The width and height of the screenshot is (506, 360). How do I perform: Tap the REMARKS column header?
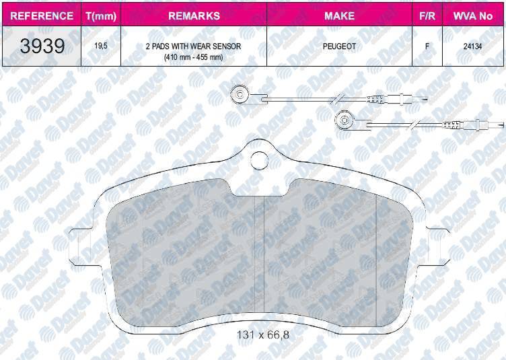(193, 15)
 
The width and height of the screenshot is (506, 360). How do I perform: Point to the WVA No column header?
(473, 15)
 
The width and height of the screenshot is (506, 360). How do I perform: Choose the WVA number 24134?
(473, 47)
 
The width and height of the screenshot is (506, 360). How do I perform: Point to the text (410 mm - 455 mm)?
(193, 57)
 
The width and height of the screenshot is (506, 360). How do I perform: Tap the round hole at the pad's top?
(259, 160)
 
